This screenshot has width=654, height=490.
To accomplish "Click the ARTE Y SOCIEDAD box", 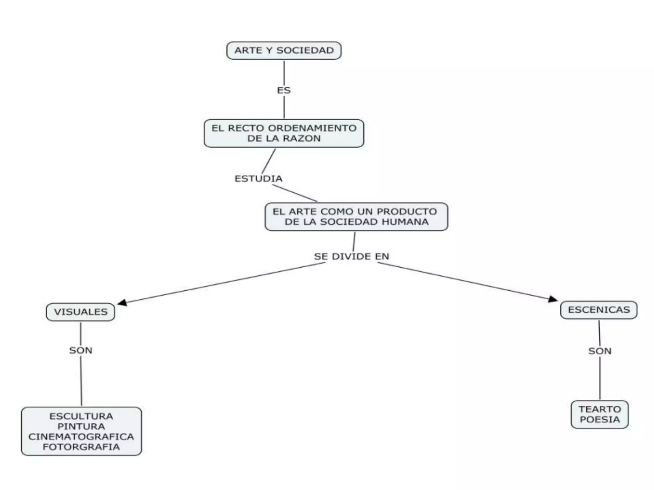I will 284,50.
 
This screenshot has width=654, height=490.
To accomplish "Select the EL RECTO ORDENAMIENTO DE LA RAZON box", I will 284,133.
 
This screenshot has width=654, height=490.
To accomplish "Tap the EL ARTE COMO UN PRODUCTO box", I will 356,217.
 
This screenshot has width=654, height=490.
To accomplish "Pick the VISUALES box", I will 80,312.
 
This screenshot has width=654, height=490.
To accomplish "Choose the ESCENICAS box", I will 599,310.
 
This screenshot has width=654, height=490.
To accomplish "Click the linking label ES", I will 284,91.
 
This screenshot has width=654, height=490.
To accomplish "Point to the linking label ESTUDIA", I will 259,179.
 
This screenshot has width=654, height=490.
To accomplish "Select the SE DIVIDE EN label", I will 352,256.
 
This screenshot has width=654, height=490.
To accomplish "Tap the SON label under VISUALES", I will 81,351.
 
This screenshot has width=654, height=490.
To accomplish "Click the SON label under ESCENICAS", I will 600,351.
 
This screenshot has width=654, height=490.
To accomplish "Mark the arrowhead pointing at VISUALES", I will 122,302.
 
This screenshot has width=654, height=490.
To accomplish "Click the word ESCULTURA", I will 81,416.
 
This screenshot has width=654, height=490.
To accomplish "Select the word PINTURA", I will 81,427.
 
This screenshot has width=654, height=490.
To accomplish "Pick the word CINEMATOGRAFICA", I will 81,437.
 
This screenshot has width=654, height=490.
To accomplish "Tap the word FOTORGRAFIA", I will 81,447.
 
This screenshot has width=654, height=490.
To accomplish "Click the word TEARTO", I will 600,409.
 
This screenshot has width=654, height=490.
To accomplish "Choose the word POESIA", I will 600,419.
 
